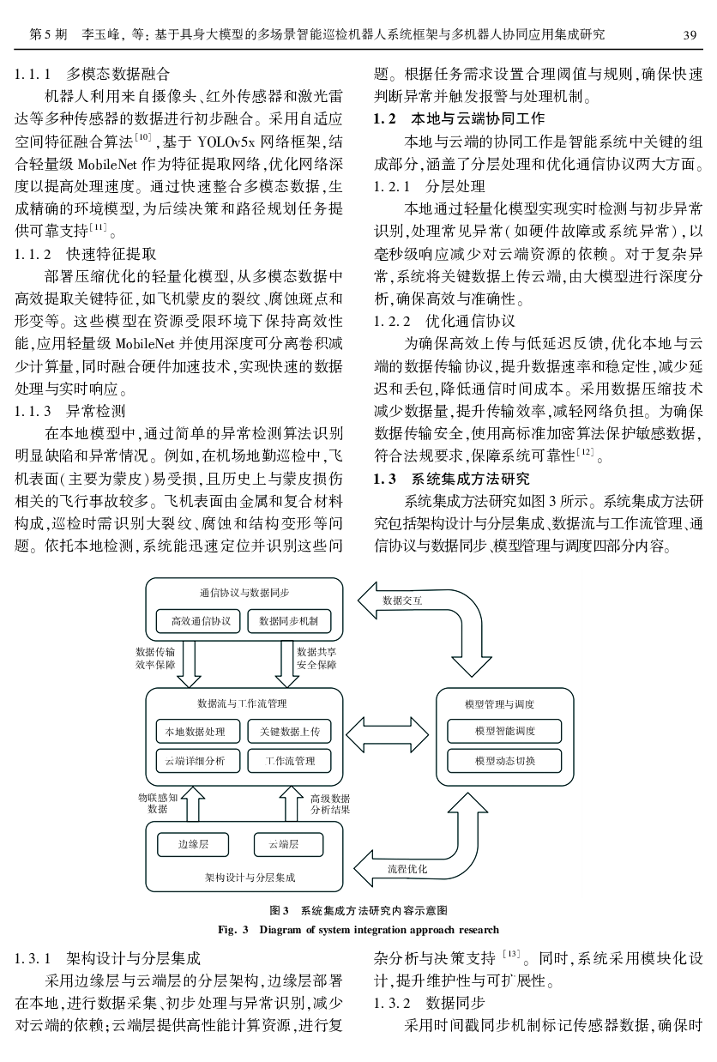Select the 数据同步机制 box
coord(289,621)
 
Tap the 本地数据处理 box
coord(196,732)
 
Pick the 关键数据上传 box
coord(289,732)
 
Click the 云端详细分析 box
coord(196,760)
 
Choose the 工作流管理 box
coord(289,760)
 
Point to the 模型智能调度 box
coord(505,731)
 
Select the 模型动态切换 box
coord(505,760)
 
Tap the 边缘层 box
coord(193,844)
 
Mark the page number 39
coord(689,34)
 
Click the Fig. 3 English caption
coord(358,929)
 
